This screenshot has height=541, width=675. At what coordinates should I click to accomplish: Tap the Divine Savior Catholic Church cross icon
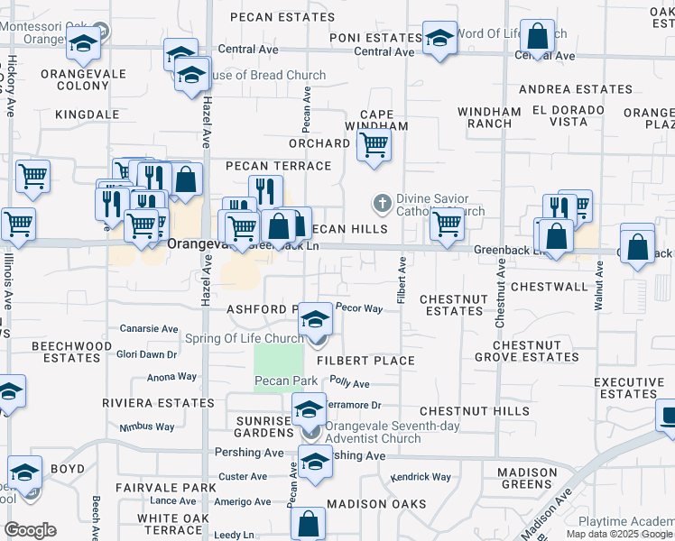click(383, 203)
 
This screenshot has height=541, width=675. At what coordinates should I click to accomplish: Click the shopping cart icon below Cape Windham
click(374, 144)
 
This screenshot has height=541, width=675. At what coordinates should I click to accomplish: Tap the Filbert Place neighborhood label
click(365, 361)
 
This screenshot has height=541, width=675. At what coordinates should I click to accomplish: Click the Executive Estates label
click(627, 389)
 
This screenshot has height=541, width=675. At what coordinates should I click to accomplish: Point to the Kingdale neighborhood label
click(88, 115)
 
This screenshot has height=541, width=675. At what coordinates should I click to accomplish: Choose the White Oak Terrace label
click(169, 524)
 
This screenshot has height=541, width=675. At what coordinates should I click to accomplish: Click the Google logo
click(31, 530)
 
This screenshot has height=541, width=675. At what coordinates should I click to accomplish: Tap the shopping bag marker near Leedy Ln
click(308, 523)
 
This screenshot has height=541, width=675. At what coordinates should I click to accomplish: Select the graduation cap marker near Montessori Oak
click(83, 43)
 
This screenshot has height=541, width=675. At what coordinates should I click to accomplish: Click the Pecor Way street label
click(359, 308)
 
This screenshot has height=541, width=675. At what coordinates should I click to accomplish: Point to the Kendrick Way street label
click(420, 476)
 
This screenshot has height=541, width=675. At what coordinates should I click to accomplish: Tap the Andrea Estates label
click(575, 89)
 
